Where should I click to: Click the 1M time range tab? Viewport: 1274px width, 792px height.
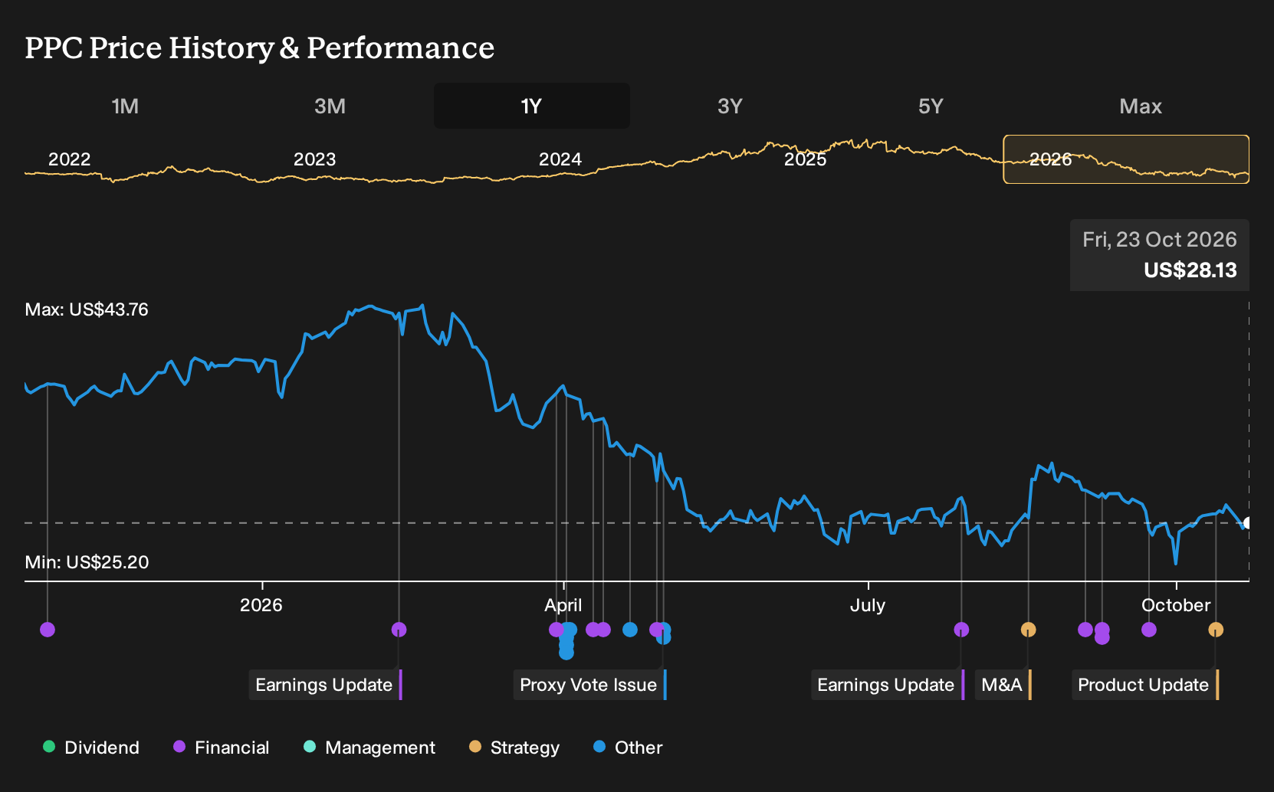(x=125, y=106)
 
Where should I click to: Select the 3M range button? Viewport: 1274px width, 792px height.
(x=330, y=106)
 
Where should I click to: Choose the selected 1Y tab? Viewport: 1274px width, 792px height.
(x=532, y=106)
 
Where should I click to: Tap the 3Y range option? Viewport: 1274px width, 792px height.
(x=730, y=106)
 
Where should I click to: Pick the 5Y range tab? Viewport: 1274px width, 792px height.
(x=931, y=106)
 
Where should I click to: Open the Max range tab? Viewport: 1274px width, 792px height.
(x=1141, y=106)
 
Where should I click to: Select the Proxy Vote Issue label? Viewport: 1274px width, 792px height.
(x=589, y=685)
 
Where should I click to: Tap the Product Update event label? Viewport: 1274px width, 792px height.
(x=1145, y=685)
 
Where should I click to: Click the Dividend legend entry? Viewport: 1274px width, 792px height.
(x=91, y=747)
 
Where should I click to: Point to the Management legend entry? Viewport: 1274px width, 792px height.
(x=369, y=747)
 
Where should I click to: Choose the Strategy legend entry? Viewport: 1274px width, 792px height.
(x=514, y=747)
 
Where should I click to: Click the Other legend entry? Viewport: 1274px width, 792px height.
(x=628, y=747)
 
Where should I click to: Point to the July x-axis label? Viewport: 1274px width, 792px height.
(x=867, y=605)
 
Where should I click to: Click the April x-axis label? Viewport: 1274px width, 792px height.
(x=563, y=605)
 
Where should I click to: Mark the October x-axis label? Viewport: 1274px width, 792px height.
(x=1176, y=605)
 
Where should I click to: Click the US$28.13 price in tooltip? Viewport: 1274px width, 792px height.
(x=1190, y=270)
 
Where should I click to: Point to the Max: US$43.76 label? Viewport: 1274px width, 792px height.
(x=87, y=309)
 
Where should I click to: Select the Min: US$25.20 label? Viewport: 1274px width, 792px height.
(x=87, y=562)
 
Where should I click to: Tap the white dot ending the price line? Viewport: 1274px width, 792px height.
(x=1247, y=522)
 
